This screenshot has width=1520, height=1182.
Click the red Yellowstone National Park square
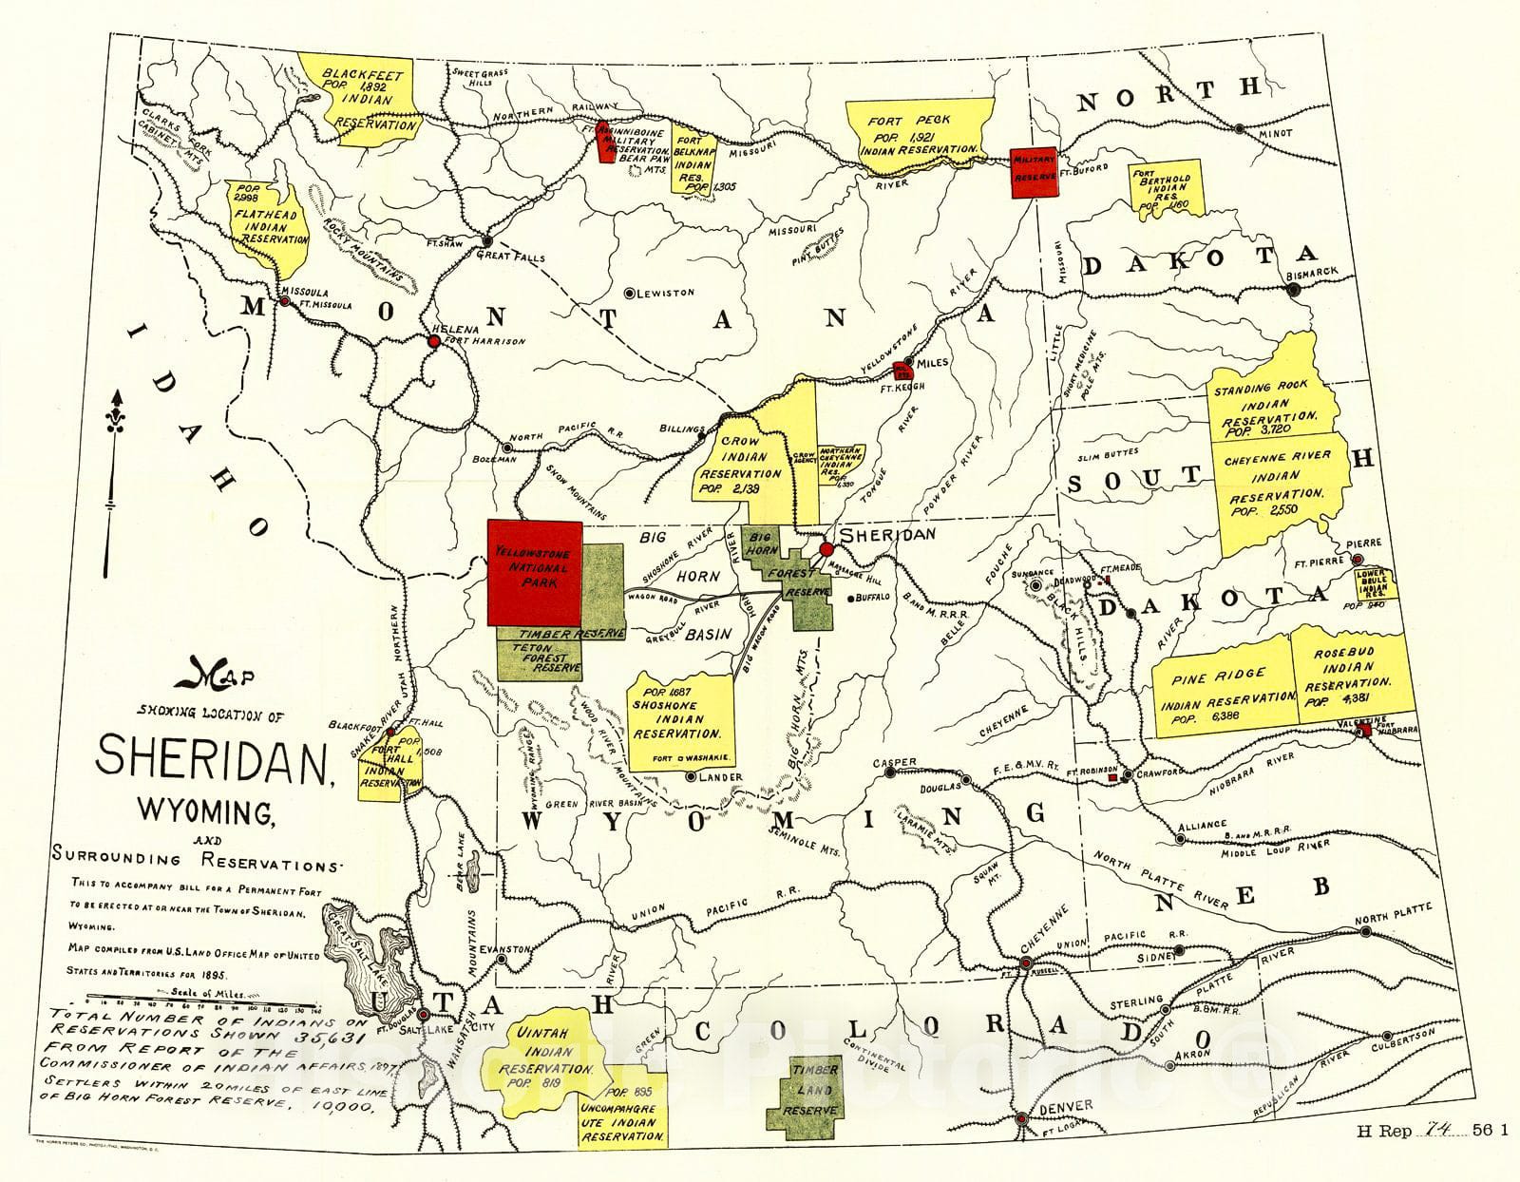(x=534, y=573)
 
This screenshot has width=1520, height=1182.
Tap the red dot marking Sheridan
(x=826, y=549)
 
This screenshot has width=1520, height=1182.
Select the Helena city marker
(x=434, y=341)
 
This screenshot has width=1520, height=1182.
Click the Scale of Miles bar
(x=204, y=1001)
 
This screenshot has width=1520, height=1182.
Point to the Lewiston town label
(x=665, y=293)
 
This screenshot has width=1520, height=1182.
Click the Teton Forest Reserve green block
(x=539, y=658)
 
